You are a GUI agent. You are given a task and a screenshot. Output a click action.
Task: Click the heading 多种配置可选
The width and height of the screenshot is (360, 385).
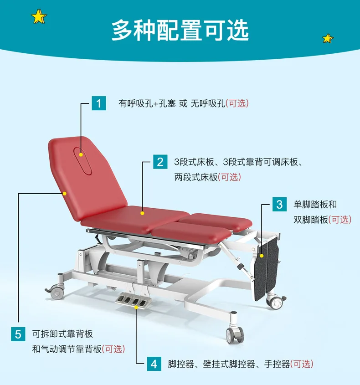(x=180, y=30)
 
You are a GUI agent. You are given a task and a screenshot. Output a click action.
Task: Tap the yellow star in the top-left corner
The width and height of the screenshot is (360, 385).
(x=39, y=17)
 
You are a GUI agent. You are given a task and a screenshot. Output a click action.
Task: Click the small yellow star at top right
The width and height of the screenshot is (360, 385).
(x=328, y=38)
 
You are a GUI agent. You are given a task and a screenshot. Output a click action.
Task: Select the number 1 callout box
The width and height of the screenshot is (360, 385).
(x=98, y=103)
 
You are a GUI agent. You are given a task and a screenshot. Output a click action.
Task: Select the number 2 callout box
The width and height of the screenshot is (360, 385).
(x=160, y=161)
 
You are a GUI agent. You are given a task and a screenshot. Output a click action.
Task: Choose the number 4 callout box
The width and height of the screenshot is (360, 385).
(x=154, y=364)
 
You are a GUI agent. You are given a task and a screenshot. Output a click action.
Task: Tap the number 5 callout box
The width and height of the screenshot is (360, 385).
(x=18, y=334)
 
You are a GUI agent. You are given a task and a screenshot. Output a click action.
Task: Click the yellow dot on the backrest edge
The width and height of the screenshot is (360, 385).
(x=65, y=193)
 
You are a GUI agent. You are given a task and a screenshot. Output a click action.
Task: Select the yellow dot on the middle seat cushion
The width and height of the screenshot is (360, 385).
(x=142, y=213)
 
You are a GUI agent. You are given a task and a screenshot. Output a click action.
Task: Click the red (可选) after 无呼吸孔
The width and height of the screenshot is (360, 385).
(x=237, y=103)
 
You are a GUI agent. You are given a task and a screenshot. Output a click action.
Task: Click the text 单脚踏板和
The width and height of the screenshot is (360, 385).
(x=315, y=204)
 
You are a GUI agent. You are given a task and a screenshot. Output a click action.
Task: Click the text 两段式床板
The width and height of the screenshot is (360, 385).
(x=196, y=177)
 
